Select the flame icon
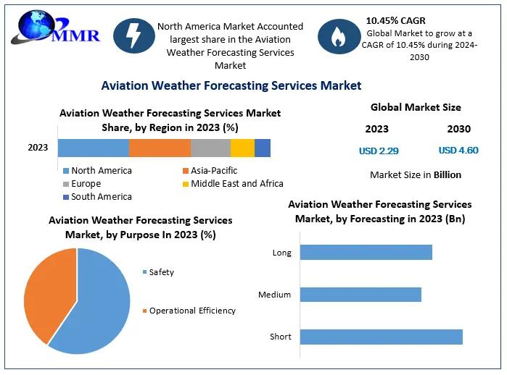(337, 38)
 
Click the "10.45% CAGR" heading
(395, 20)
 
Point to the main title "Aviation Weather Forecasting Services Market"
(231, 85)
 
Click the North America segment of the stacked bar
(93, 148)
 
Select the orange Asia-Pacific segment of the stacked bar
(160, 148)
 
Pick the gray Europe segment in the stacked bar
(210, 148)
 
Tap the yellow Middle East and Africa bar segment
(242, 148)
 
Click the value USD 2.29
(379, 151)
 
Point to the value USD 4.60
(458, 151)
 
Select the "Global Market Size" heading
(416, 107)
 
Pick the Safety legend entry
(161, 272)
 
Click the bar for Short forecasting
(380, 337)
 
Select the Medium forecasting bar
(360, 295)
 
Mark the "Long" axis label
(281, 253)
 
